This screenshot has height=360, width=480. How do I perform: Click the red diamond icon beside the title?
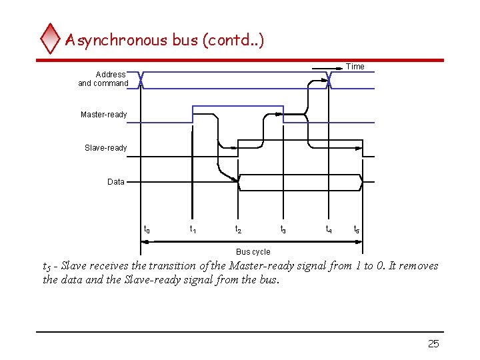[50, 39]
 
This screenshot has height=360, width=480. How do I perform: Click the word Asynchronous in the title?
[116, 40]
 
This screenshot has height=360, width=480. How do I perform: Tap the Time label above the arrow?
[355, 66]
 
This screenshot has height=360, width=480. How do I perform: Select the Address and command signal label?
[104, 79]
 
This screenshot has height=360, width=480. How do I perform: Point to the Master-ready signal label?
[103, 115]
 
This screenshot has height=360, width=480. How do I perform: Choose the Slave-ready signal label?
[105, 147]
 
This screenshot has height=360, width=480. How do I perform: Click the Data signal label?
[116, 181]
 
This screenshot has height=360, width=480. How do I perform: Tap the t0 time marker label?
[147, 229]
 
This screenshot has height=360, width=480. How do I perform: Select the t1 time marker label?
[193, 229]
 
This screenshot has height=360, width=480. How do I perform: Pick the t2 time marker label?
[238, 229]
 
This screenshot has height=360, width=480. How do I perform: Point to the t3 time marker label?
[283, 229]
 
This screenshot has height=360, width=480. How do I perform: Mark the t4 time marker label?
[329, 229]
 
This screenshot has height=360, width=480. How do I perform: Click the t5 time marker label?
[357, 229]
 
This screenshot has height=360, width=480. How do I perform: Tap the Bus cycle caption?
[253, 252]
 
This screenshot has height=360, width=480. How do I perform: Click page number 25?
[433, 344]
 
